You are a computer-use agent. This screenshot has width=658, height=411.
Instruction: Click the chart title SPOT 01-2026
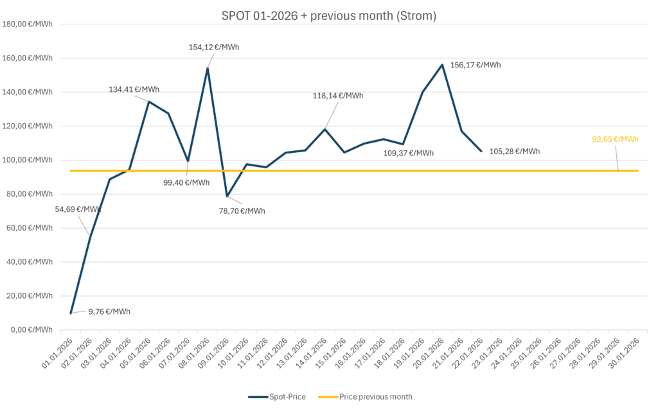point(329,16)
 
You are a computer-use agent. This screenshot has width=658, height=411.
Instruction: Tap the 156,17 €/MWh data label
point(476,65)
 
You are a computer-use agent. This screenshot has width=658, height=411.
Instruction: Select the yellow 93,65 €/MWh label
point(615,139)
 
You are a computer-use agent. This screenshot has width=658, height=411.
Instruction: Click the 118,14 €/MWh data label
point(338,96)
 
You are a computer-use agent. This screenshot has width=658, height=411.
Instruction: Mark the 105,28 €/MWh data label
point(515,152)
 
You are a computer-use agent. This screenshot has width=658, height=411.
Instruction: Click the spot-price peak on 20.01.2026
point(442,65)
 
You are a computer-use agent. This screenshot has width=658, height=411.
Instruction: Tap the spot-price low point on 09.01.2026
point(227,197)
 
